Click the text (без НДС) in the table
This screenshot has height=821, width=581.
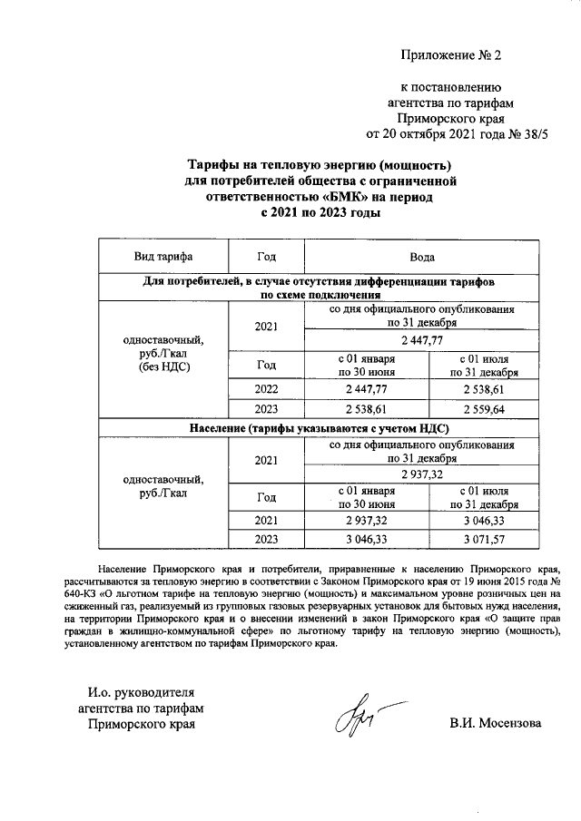(x=163, y=369)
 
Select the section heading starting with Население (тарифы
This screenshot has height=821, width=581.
(x=320, y=427)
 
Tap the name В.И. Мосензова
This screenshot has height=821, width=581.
(x=495, y=724)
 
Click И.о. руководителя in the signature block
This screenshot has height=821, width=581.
(x=141, y=693)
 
